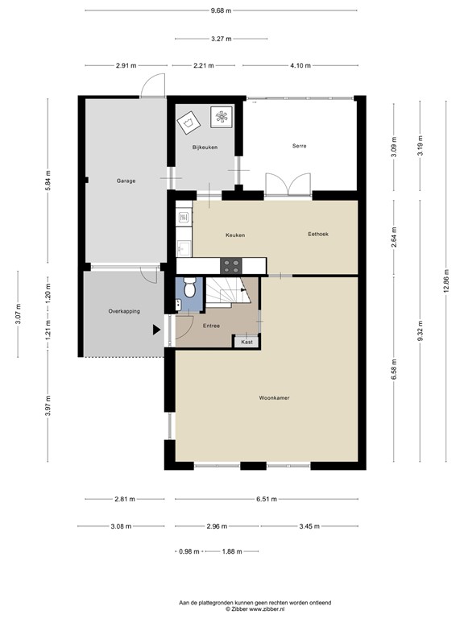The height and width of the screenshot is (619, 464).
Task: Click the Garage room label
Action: pyautogui.click(x=125, y=181)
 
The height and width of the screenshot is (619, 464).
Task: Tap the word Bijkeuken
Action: pyautogui.click(x=205, y=147)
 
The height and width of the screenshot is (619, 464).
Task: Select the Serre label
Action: pyautogui.click(x=300, y=146)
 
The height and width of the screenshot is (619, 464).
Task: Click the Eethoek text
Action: pyautogui.click(x=319, y=235)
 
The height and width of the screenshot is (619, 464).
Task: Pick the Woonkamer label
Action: pyautogui.click(x=275, y=398)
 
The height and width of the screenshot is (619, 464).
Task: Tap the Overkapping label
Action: pyautogui.click(x=125, y=310)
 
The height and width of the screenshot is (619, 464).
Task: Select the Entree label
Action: pyautogui.click(x=211, y=326)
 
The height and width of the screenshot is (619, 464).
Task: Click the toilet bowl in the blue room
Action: pyautogui.click(x=188, y=286)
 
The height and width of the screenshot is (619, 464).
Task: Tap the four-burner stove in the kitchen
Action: pyautogui.click(x=232, y=264)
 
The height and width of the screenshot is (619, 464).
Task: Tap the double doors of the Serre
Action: pyautogui.click(x=288, y=185)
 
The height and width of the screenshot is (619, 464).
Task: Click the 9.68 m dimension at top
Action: pyautogui.click(x=220, y=10)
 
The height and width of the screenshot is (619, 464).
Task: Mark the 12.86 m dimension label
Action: pyautogui.click(x=445, y=285)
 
